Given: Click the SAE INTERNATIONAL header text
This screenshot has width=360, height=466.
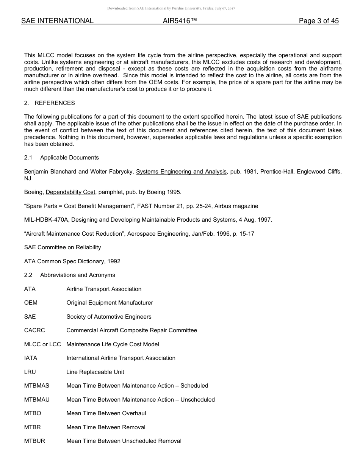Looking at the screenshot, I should [57, 21].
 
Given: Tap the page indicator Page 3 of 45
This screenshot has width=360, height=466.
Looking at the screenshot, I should [318, 21].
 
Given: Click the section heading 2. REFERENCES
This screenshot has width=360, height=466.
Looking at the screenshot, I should [50, 103].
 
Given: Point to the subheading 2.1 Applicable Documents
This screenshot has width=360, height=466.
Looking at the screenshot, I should [61, 158].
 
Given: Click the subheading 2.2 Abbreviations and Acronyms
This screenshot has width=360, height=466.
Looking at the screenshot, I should [70, 275].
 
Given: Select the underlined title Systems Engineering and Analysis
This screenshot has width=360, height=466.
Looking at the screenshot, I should [181, 172].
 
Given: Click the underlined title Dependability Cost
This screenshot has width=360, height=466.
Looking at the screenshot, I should [70, 192].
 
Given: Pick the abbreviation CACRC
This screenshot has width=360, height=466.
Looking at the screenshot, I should [34, 330].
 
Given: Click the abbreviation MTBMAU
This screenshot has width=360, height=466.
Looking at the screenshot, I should [37, 400].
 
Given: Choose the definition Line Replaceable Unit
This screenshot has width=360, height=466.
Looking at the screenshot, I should [95, 372].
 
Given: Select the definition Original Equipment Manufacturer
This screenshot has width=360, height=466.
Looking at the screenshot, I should [110, 303].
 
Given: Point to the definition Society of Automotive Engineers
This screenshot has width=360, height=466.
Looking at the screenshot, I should [109, 317].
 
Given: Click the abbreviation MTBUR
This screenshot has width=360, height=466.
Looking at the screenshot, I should [34, 441].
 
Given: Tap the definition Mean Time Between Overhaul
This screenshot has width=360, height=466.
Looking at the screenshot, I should [106, 413].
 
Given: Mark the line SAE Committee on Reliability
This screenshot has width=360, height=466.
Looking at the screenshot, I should [63, 247].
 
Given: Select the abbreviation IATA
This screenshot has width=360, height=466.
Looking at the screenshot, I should [31, 358].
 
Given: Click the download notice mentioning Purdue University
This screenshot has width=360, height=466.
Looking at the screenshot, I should [171, 8].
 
